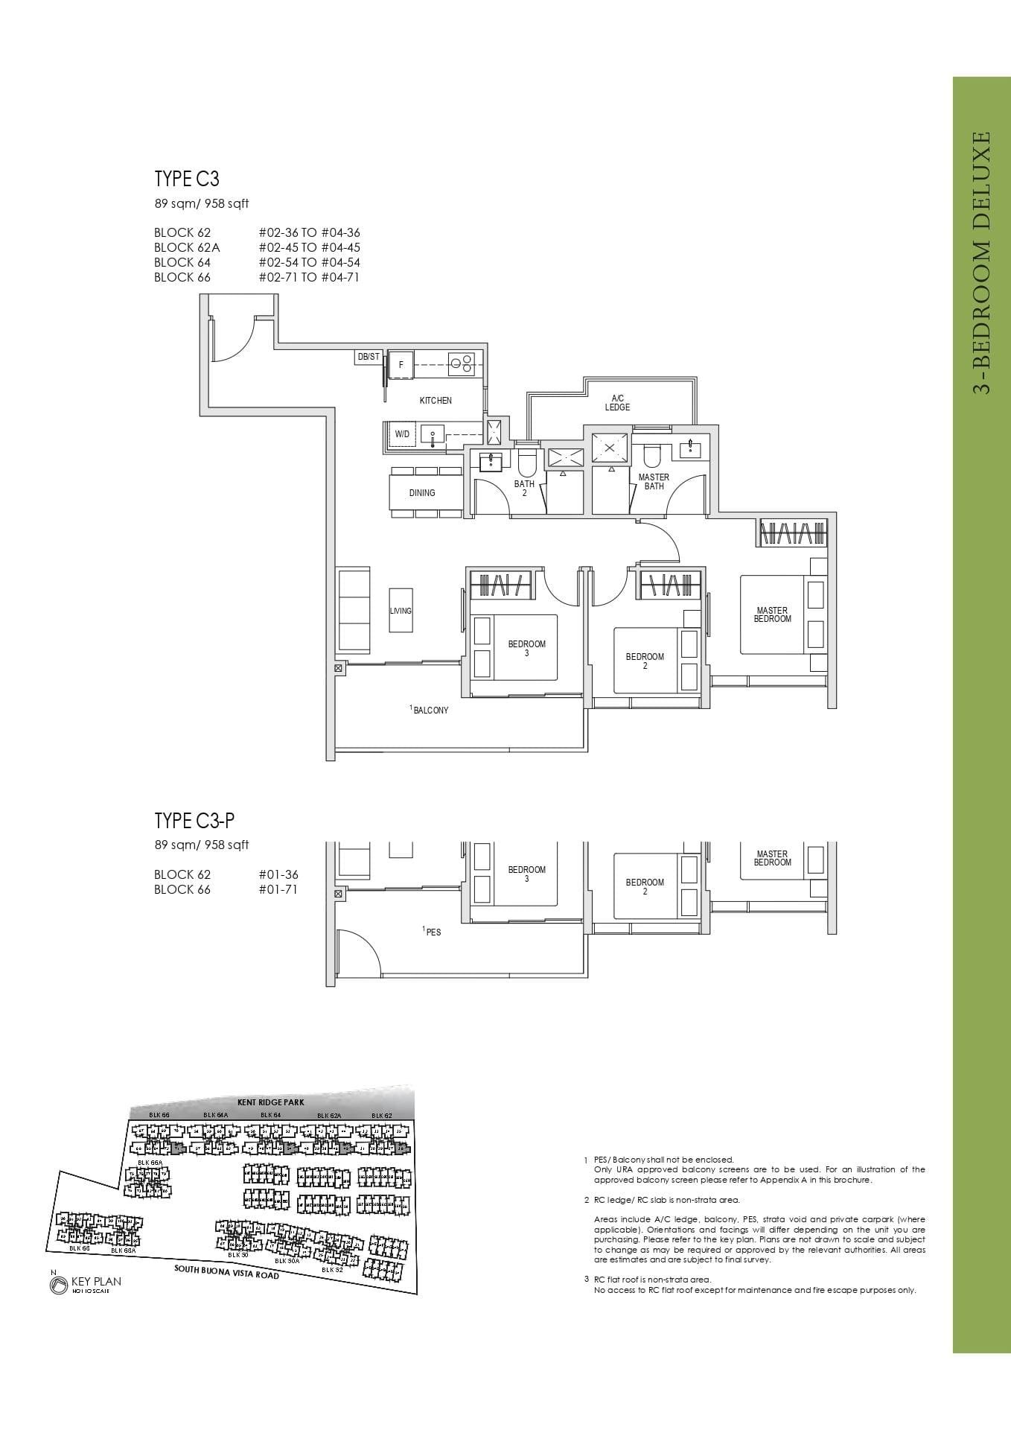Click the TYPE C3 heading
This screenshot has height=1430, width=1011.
point(187,179)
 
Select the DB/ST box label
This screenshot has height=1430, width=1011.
point(369,357)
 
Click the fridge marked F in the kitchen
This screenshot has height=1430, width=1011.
point(401,365)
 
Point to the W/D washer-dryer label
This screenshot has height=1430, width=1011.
point(402,433)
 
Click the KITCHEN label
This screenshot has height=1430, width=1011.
point(436,401)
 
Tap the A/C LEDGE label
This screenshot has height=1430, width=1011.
point(617,403)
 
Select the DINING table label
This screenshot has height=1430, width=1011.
point(422,492)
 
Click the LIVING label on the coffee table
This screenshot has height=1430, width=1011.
point(401,611)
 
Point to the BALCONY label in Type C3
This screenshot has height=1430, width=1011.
point(431,711)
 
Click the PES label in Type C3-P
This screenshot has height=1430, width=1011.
point(433,932)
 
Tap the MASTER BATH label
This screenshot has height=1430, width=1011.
point(654,481)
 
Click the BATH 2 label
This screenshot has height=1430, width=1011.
point(524,488)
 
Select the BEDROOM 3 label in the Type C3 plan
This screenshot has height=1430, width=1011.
point(526,648)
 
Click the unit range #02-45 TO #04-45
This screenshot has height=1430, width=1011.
point(309,247)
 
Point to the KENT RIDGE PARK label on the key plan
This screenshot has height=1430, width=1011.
point(270,1102)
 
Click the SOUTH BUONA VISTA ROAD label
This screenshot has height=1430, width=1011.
point(226,1273)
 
